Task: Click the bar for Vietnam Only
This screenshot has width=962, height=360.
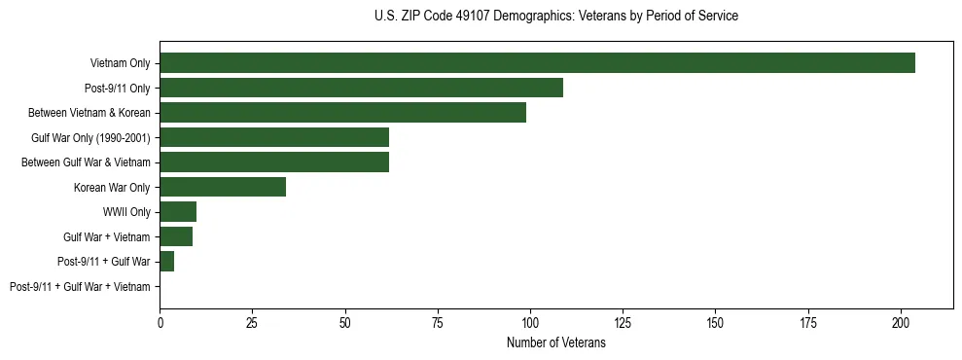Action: [x=537, y=63]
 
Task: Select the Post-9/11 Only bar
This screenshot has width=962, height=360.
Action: [x=361, y=88]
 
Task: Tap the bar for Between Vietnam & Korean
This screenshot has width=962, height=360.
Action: [x=342, y=113]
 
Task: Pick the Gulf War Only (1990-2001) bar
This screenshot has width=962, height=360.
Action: [x=274, y=137]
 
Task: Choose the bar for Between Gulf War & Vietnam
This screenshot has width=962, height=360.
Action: [x=274, y=162]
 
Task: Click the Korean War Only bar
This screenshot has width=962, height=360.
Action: [x=223, y=187]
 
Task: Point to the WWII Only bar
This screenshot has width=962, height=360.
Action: [x=178, y=212]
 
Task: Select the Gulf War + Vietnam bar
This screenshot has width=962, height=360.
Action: [x=176, y=236]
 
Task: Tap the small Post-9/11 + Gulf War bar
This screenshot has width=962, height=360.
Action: [x=166, y=262]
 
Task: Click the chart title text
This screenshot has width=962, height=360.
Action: [x=555, y=17]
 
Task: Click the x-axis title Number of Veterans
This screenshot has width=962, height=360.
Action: [x=555, y=343]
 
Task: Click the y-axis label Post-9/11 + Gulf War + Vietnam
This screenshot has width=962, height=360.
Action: [x=80, y=287]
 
